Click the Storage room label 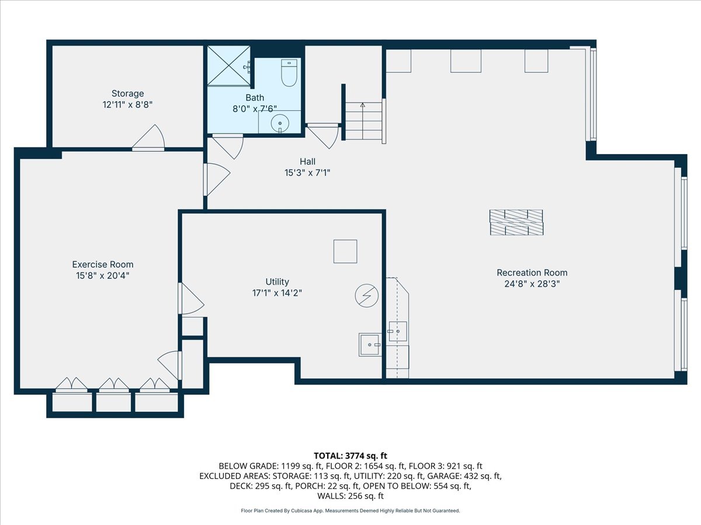tap(127, 93)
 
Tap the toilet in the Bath tap(289, 73)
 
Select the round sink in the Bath tap(281, 123)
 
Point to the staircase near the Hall tap(363, 121)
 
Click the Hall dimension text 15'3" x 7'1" tap(307, 172)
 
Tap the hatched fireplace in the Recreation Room tap(516, 222)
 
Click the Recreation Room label tap(532, 272)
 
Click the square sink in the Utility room tap(370, 345)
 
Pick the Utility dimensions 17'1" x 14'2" tap(277, 293)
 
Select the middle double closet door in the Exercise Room tap(114, 384)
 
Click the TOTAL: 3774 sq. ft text tap(350, 456)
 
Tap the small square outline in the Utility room tap(345, 251)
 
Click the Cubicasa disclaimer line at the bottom tap(350, 510)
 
